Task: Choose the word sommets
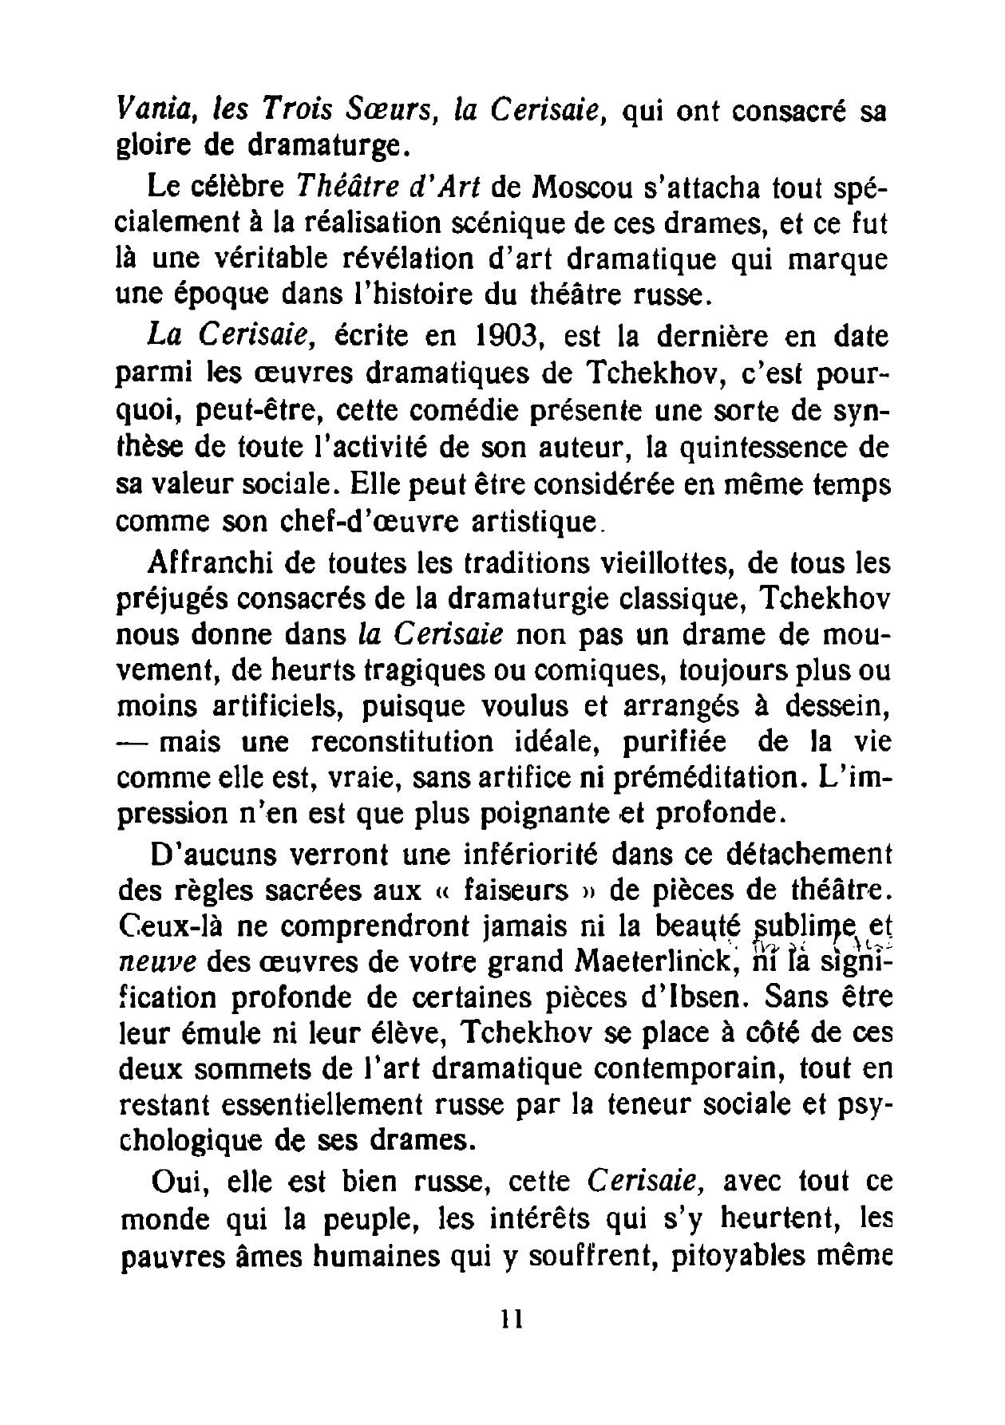pyautogui.click(x=260, y=1069)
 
